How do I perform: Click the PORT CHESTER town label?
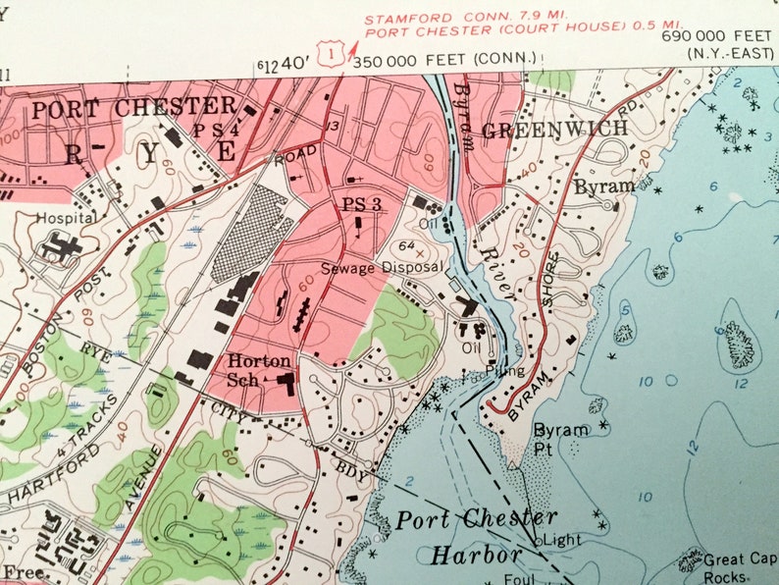[x=134, y=108]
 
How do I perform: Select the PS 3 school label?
[x=361, y=204]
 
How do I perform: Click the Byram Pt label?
[x=560, y=438]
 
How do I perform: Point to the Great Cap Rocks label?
[x=738, y=568]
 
